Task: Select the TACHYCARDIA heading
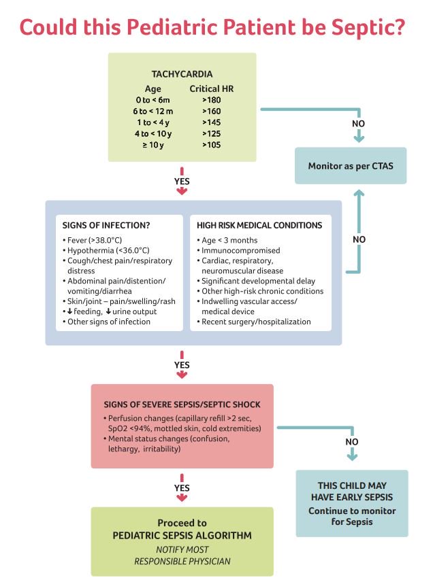(x=182, y=74)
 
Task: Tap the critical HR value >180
(x=212, y=99)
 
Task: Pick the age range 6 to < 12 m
(x=153, y=111)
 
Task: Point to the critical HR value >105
(x=212, y=145)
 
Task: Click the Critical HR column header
(x=212, y=88)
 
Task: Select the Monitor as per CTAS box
(x=351, y=166)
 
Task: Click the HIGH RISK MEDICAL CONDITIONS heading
(x=259, y=225)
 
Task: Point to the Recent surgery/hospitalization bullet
(x=256, y=322)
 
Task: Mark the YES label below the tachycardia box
(x=182, y=182)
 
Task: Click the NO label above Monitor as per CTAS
(x=358, y=124)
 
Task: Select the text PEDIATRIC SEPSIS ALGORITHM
(x=182, y=536)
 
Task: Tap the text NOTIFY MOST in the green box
(x=182, y=549)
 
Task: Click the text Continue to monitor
(x=352, y=511)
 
